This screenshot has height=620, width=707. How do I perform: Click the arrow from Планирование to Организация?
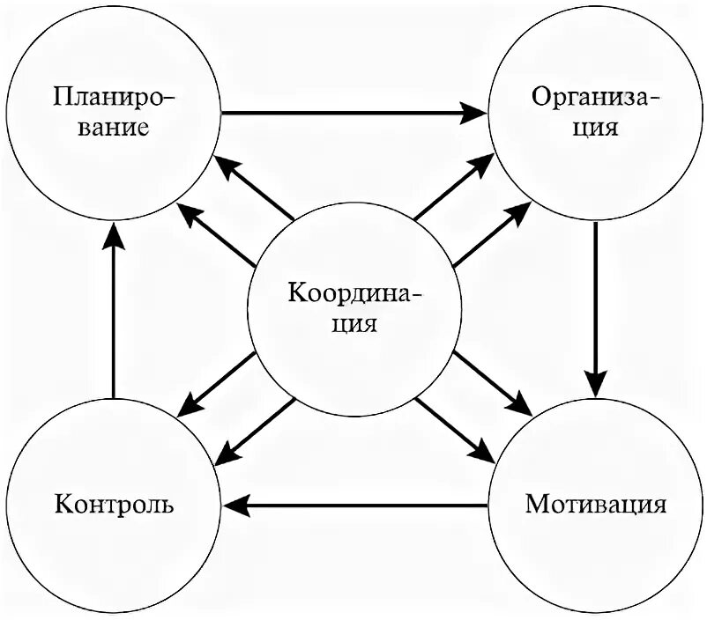[353, 113]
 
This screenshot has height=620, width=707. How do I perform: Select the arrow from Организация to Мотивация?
[596, 308]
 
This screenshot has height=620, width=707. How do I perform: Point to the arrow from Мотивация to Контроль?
[353, 506]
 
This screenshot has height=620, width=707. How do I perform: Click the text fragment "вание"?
[114, 126]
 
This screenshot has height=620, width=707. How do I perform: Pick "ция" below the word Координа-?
[355, 324]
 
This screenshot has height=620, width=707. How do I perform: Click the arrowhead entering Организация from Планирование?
[476, 113]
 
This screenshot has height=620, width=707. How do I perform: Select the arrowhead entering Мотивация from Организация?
[596, 385]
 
